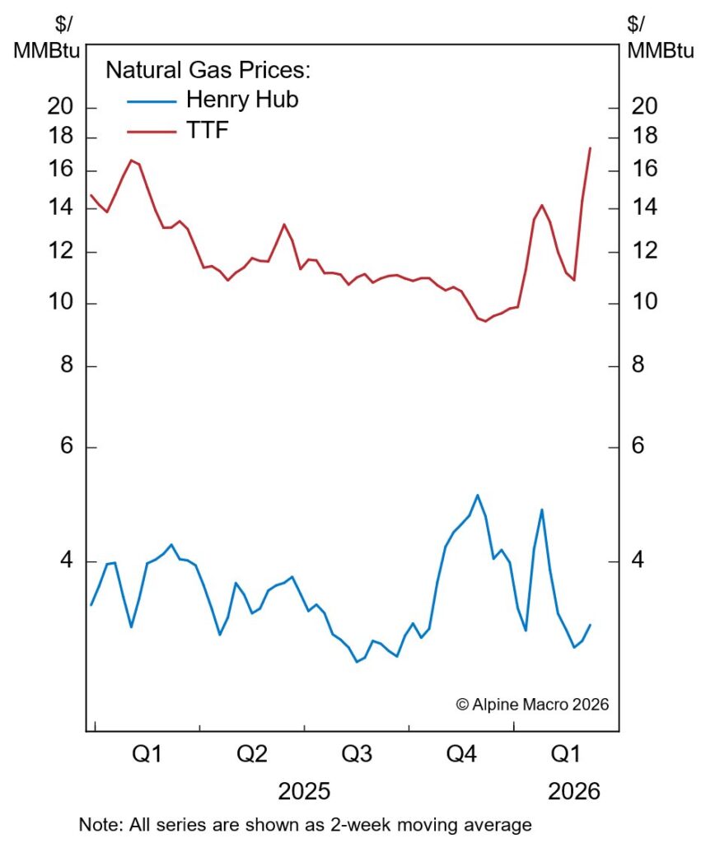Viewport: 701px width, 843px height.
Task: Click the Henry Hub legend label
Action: point(241,100)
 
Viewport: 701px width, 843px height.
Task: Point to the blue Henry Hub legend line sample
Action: point(152,100)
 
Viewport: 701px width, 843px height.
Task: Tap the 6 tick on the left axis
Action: point(68,447)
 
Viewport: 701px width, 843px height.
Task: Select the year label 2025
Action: point(304,792)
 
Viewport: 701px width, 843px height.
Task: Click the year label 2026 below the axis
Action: point(574,792)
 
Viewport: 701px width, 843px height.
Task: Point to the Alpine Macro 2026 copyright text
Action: point(531,705)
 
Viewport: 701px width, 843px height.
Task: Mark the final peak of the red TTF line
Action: point(590,148)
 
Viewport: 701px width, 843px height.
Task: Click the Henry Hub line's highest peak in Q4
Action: point(477,495)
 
